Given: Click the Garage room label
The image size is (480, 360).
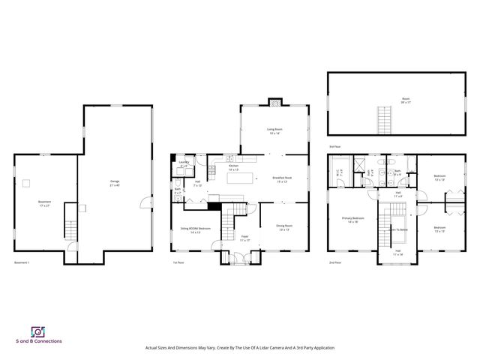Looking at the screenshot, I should click(115, 182).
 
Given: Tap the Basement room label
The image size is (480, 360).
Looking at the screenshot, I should click(45, 202).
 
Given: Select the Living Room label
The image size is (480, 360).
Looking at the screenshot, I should click(274, 130).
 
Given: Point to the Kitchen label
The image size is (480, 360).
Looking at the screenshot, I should click(233, 167).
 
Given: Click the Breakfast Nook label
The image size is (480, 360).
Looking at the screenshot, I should click(282, 179).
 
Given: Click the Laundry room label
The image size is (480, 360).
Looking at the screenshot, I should click(184, 163).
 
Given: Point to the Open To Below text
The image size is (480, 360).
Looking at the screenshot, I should click(398, 229).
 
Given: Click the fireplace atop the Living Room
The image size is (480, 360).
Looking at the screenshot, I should click(275, 102).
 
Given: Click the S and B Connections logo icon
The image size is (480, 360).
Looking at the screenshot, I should click(37, 331).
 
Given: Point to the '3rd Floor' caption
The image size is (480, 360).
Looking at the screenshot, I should click(334, 146).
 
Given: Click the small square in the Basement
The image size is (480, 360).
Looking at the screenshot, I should click(26, 182).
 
